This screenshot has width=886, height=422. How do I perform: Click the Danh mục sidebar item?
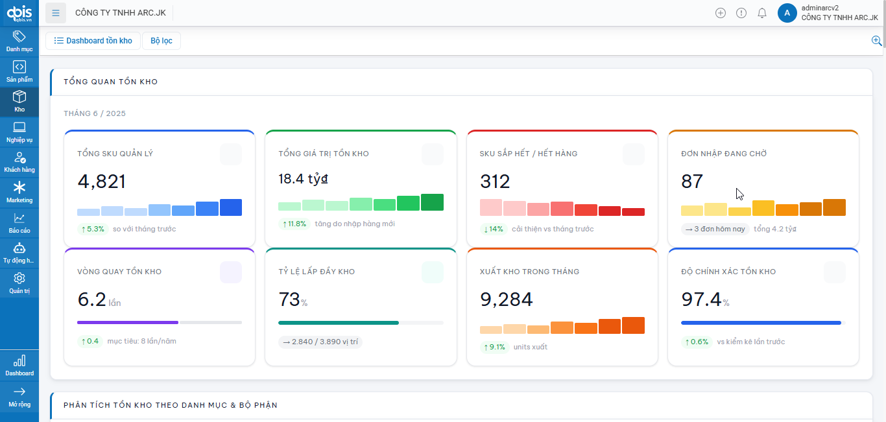[x=19, y=41]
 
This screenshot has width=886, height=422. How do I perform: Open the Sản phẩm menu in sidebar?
[x=19, y=71]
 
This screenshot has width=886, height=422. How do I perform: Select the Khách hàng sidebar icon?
[x=19, y=162]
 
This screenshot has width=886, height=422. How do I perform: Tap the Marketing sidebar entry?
[x=19, y=193]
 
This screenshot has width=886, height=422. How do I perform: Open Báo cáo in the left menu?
[x=19, y=222]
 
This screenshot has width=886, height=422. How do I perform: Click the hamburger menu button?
[x=56, y=13]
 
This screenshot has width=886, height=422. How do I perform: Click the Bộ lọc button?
[x=162, y=41]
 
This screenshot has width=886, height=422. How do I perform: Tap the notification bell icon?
[x=762, y=13]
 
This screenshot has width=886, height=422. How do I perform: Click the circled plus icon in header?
[x=721, y=13]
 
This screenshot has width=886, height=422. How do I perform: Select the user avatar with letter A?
[x=787, y=13]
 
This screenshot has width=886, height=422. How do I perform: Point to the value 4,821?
[x=102, y=182]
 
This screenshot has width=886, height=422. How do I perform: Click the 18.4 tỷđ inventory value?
[x=304, y=179]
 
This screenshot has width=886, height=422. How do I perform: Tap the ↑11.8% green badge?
[x=294, y=224]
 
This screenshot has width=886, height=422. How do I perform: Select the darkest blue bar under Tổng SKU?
[x=231, y=207]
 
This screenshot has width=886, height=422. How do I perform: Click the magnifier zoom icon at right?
[x=876, y=41]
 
